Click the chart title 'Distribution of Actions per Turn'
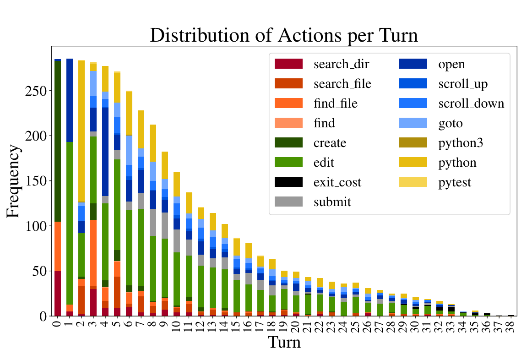coord(284,36)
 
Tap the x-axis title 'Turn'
coord(284,342)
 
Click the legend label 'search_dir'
coord(341,64)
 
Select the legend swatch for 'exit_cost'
coord(288,182)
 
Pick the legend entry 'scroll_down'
coord(471,104)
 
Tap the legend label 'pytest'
coord(454,182)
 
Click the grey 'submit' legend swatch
coord(288,202)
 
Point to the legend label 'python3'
coord(461,143)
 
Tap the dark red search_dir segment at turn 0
coord(57,293)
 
